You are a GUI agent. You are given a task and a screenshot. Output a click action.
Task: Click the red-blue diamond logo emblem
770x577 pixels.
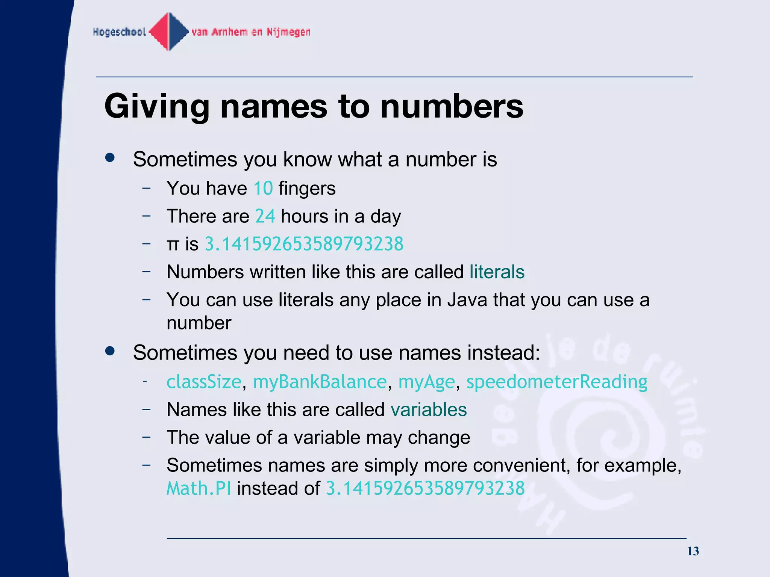click(x=169, y=32)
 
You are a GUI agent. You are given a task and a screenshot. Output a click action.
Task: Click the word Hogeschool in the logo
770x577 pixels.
click(x=119, y=32)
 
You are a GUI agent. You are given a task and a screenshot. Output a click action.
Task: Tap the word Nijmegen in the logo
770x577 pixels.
click(x=288, y=32)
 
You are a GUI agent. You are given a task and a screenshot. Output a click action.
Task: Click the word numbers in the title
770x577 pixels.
click(x=452, y=107)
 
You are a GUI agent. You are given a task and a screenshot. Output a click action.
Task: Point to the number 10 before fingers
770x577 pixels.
click(x=263, y=188)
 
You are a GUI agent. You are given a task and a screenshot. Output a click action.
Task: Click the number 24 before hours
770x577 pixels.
click(x=265, y=216)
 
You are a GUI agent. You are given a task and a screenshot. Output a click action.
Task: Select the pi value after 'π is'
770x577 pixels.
click(x=304, y=244)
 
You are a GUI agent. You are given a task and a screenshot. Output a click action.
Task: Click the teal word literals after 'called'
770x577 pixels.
click(x=497, y=272)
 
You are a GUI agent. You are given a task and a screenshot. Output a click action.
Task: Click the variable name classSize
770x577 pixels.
click(x=204, y=382)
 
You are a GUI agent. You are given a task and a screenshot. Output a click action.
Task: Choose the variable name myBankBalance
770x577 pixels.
click(x=320, y=382)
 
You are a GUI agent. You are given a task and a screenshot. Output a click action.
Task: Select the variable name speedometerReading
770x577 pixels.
click(x=556, y=382)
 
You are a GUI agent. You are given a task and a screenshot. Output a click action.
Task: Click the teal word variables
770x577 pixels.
click(x=429, y=410)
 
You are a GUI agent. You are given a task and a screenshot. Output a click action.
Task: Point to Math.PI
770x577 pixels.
click(x=199, y=489)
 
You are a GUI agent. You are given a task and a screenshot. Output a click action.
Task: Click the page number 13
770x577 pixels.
click(x=693, y=551)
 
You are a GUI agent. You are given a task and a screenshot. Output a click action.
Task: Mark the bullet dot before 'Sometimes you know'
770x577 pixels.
click(x=110, y=158)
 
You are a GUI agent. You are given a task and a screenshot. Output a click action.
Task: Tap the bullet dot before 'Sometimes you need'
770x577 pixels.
click(x=110, y=351)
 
